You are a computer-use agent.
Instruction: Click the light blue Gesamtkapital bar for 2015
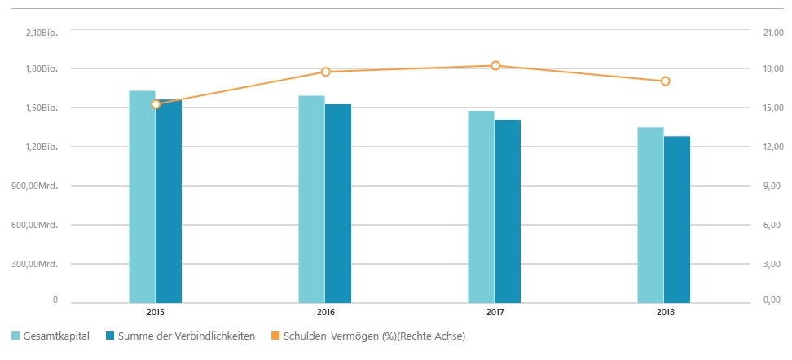(142, 196)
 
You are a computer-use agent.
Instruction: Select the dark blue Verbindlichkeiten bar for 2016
(338, 204)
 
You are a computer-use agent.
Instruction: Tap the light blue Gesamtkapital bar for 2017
(481, 207)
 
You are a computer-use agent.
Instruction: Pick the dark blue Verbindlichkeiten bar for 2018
(677, 220)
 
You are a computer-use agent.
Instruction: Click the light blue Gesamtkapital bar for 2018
(650, 215)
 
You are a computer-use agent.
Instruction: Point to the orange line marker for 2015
(156, 104)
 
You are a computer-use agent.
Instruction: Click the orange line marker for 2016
(326, 72)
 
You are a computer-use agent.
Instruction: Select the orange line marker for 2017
(495, 65)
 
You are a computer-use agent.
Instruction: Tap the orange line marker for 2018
(665, 81)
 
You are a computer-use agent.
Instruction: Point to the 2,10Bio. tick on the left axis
(42, 30)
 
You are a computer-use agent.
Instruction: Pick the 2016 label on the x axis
(326, 312)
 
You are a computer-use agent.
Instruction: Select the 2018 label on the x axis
(665, 312)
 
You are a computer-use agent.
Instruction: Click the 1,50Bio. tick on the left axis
(42, 108)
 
